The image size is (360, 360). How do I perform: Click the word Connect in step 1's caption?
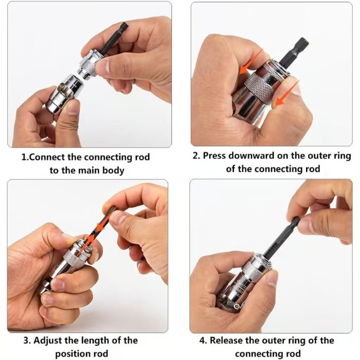(x=47, y=157)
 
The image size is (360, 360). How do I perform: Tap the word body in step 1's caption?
(x=113, y=170)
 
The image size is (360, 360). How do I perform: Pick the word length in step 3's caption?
(x=93, y=340)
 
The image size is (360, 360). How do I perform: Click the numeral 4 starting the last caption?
(x=202, y=340)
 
